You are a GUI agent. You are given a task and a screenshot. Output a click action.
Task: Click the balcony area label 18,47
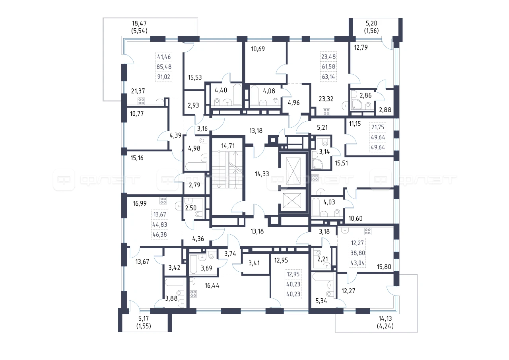[x=139, y=23]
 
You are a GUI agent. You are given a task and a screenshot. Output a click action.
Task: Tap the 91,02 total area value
[x=163, y=77]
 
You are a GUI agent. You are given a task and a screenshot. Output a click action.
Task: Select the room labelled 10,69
[x=258, y=49]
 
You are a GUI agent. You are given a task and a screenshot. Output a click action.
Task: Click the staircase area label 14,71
[x=228, y=146]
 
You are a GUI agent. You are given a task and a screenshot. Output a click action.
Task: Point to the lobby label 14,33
[x=262, y=174]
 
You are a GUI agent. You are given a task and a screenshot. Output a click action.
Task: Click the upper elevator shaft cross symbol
[x=293, y=171]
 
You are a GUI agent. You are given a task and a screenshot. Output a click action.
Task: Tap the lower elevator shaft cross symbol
[x=292, y=200]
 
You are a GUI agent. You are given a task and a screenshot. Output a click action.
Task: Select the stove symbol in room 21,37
[x=141, y=101]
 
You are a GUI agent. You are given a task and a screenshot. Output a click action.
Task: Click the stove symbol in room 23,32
[x=326, y=112]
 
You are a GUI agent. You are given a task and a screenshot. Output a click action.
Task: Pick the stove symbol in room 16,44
[x=193, y=294]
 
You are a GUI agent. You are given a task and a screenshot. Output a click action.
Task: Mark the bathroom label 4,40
[x=221, y=90]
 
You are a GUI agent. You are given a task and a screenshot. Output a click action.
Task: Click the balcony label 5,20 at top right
[x=371, y=23]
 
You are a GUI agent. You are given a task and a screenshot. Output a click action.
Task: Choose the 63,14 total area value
[x=328, y=77]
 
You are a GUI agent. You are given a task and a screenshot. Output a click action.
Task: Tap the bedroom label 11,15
[x=355, y=124]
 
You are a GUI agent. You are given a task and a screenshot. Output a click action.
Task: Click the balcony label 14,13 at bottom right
[x=385, y=319]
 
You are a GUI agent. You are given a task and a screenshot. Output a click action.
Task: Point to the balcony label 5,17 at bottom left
[x=144, y=319]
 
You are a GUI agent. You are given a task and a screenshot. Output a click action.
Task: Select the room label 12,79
[x=361, y=47]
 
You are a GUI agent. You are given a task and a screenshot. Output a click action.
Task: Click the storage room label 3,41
[x=254, y=263]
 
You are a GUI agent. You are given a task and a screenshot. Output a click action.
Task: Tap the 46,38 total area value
[x=160, y=235]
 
